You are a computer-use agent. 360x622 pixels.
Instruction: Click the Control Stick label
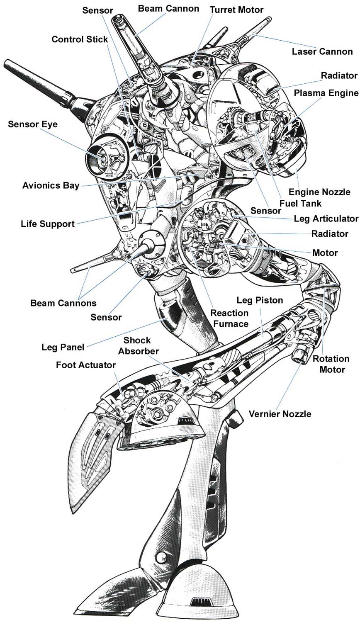[x=80, y=39]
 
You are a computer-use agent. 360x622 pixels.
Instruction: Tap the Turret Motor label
[x=236, y=9]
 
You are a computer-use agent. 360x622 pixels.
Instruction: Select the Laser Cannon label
[x=322, y=52]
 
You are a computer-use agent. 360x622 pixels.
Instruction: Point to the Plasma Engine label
[x=326, y=93]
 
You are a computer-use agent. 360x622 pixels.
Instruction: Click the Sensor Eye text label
[x=33, y=124]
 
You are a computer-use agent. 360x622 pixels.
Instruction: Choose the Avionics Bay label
[x=51, y=185]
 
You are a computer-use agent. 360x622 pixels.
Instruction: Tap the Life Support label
[x=48, y=224]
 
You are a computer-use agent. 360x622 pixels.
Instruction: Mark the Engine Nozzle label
[x=319, y=192]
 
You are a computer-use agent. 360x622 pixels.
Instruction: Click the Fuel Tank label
[x=300, y=203]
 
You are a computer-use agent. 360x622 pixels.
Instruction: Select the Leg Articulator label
[x=326, y=219]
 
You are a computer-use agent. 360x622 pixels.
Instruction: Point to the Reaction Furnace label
[x=229, y=318]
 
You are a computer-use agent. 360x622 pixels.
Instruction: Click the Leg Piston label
[x=260, y=300]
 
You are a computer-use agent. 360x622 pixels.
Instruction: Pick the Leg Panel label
[x=63, y=347]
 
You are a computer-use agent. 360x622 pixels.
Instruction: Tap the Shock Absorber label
[x=138, y=346]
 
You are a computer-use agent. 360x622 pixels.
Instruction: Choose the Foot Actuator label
[x=86, y=365]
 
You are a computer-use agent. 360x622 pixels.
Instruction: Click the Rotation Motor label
[x=331, y=364]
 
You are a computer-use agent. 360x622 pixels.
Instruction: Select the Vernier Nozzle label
[x=280, y=414]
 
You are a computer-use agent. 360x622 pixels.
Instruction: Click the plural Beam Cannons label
[x=63, y=303]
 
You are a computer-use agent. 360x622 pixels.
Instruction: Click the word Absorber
[x=139, y=351]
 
